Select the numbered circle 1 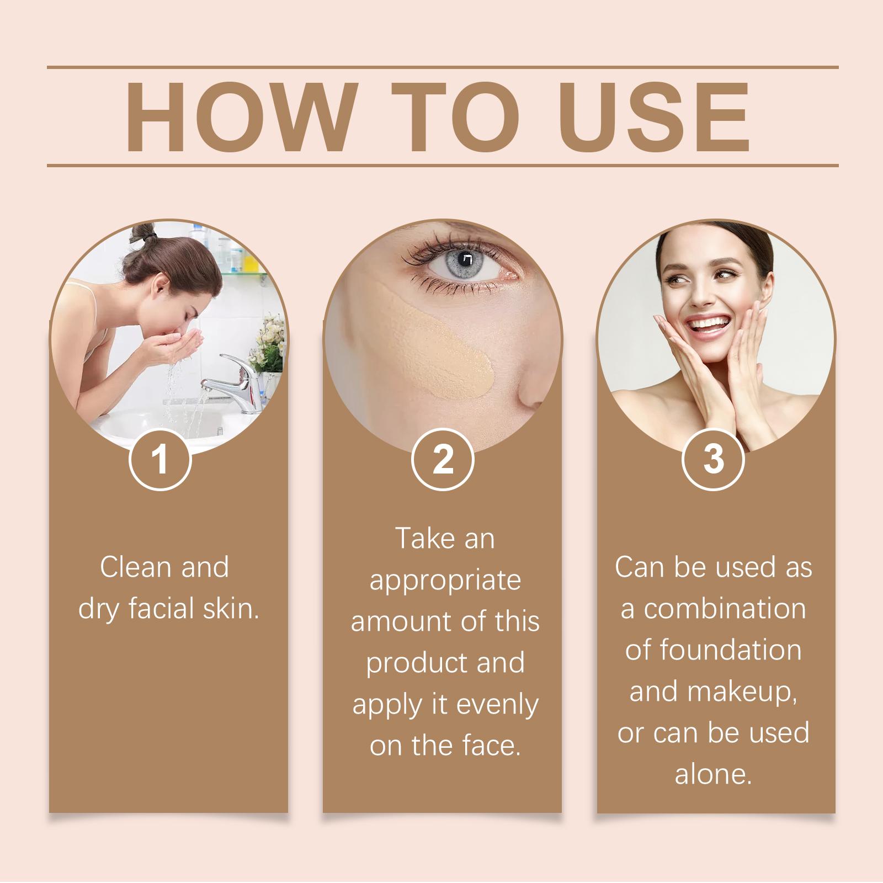coord(160,459)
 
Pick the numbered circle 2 coord(443,459)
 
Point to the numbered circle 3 coord(714,459)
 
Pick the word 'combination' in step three coord(725,609)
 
